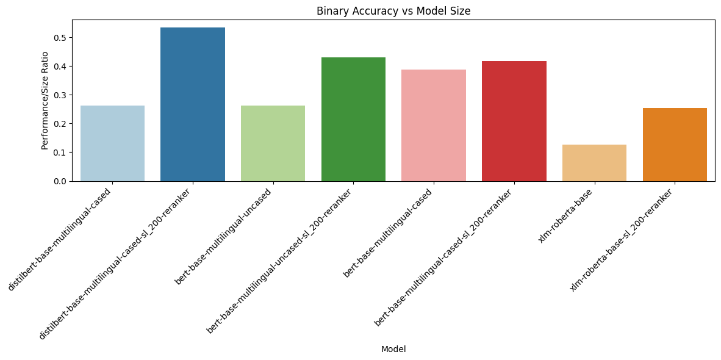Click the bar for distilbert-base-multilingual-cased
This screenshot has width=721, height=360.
[x=112, y=143]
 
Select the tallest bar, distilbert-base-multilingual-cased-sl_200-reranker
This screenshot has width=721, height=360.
[x=193, y=104]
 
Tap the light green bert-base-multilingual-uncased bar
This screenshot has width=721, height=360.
[x=273, y=143]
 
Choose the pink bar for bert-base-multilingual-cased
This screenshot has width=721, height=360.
[x=434, y=125]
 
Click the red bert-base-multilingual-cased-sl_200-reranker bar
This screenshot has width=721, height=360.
[x=514, y=121]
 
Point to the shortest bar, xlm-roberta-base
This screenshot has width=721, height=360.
[x=594, y=163]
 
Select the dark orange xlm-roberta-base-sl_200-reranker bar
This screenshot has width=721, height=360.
[x=675, y=145]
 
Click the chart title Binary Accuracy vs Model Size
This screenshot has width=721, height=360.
[x=393, y=11]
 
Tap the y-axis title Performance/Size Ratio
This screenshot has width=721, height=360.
[x=45, y=100]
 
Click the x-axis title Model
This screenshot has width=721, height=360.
[x=393, y=349]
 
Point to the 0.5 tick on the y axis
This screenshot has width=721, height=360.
[x=59, y=37]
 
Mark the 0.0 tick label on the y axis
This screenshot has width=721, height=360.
[x=59, y=181]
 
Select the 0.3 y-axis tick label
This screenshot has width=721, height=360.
[x=59, y=95]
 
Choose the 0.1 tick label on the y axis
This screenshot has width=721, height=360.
[x=59, y=153]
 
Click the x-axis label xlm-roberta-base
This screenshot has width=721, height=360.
[x=566, y=215]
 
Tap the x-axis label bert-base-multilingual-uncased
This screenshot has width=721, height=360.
[x=223, y=236]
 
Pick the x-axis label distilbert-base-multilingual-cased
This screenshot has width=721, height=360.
[x=60, y=239]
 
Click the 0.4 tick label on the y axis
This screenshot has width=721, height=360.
[x=59, y=66]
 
